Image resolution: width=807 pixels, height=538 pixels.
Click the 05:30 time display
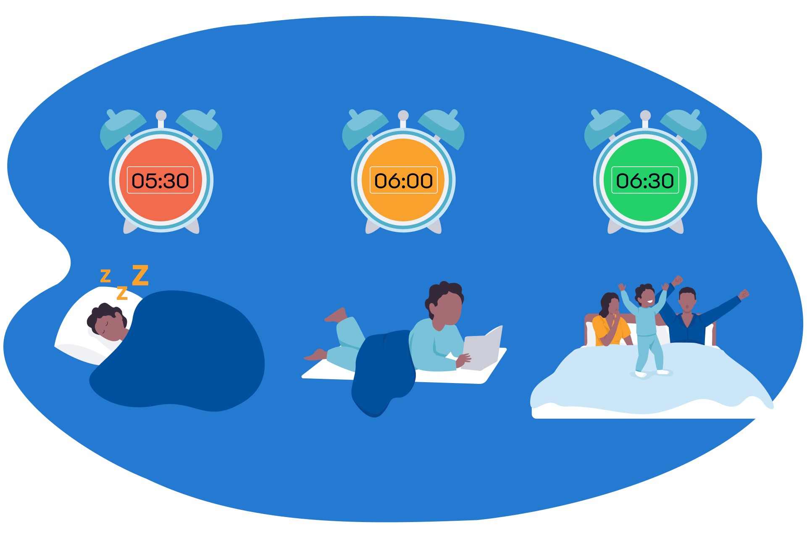(x=160, y=180)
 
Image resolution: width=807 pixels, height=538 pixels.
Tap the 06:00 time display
(x=403, y=180)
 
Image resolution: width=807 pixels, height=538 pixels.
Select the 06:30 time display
(x=645, y=180)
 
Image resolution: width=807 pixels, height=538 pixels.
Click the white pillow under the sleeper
(x=80, y=332)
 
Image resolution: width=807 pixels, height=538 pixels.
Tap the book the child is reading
(x=483, y=349)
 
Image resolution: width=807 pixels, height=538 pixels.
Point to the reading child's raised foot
(x=336, y=315)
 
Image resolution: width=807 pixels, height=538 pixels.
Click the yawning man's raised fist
(x=744, y=294)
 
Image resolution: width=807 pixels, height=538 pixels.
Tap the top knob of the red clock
(x=161, y=115)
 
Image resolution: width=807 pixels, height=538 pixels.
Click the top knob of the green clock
(x=645, y=115)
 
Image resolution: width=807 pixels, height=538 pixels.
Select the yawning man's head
(x=687, y=299)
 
